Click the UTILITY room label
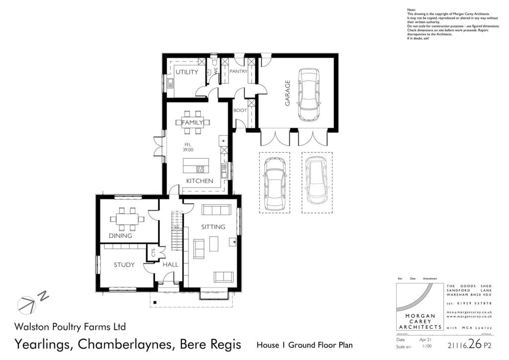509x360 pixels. [186, 72]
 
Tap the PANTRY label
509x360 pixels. [238, 72]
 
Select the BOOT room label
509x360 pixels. [240, 110]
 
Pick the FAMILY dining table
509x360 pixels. [192, 122]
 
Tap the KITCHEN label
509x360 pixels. [200, 181]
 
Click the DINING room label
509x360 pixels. [120, 235]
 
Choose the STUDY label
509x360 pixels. [124, 265]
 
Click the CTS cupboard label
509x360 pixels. [153, 253]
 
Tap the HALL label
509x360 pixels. [170, 265]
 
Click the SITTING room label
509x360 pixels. [213, 227]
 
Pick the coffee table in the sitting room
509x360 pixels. [214, 244]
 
